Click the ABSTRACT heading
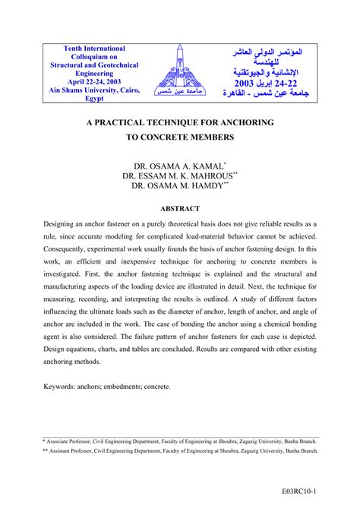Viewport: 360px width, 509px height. (x=180, y=208)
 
